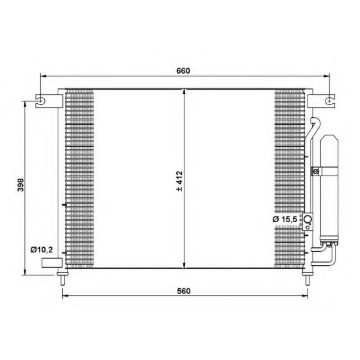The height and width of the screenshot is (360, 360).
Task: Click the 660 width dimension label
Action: pyautogui.click(x=183, y=71)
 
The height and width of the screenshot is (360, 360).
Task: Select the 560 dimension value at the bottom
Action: pyautogui.click(x=184, y=291)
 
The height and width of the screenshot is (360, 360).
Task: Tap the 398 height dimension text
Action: pyautogui.click(x=21, y=185)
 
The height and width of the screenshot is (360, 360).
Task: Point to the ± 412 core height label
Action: pyautogui.click(x=179, y=181)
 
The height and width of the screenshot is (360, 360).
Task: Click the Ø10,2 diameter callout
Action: pyautogui.click(x=42, y=250)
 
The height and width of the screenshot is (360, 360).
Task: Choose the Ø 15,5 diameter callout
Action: pyautogui.click(x=285, y=219)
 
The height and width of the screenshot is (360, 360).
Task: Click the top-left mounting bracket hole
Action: pyautogui.click(x=41, y=101)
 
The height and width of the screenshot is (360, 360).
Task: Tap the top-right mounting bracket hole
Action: pyautogui.click(x=329, y=101)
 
